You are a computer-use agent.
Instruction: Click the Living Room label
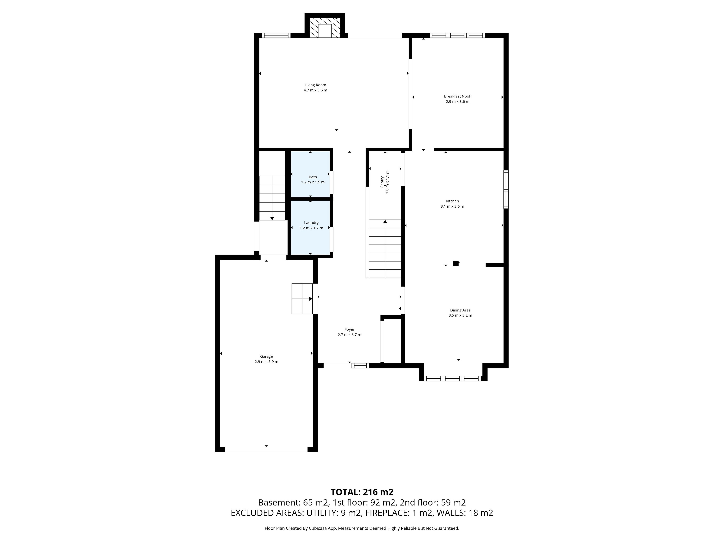(315, 85)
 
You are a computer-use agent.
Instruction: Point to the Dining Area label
(460, 310)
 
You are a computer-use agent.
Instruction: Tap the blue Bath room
(310, 174)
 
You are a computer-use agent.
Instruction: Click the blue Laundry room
(310, 227)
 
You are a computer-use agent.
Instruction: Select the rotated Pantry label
(382, 182)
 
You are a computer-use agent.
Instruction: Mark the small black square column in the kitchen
(456, 263)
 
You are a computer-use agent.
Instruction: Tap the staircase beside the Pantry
(385, 249)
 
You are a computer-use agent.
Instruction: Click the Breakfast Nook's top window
(457, 35)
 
